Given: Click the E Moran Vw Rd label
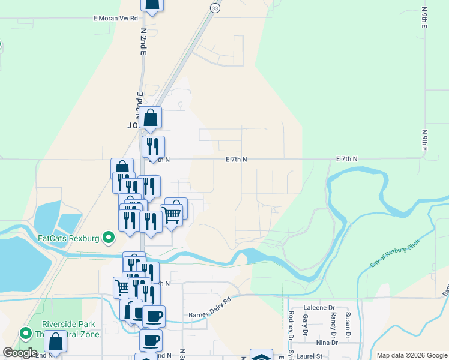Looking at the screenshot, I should tap(116, 19).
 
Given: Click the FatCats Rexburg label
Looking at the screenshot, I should tap(67, 238).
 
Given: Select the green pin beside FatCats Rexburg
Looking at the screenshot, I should tap(109, 238).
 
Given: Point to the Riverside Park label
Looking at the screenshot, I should tap(66, 325).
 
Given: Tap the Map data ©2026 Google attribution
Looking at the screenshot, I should tap(412, 355).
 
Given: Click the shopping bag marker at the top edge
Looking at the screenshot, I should tap(152, 5).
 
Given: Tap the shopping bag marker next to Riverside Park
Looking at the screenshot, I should tap(55, 341).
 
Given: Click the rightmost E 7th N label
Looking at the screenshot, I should tap(346, 159).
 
